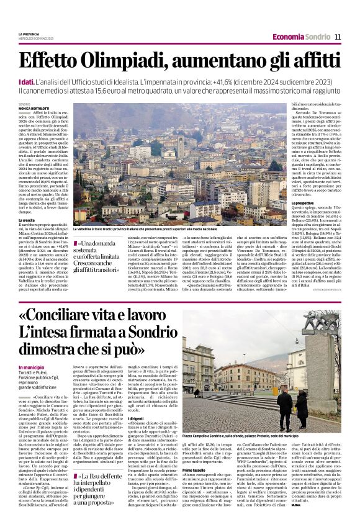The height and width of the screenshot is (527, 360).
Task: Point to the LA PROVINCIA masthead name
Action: click(29, 34)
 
